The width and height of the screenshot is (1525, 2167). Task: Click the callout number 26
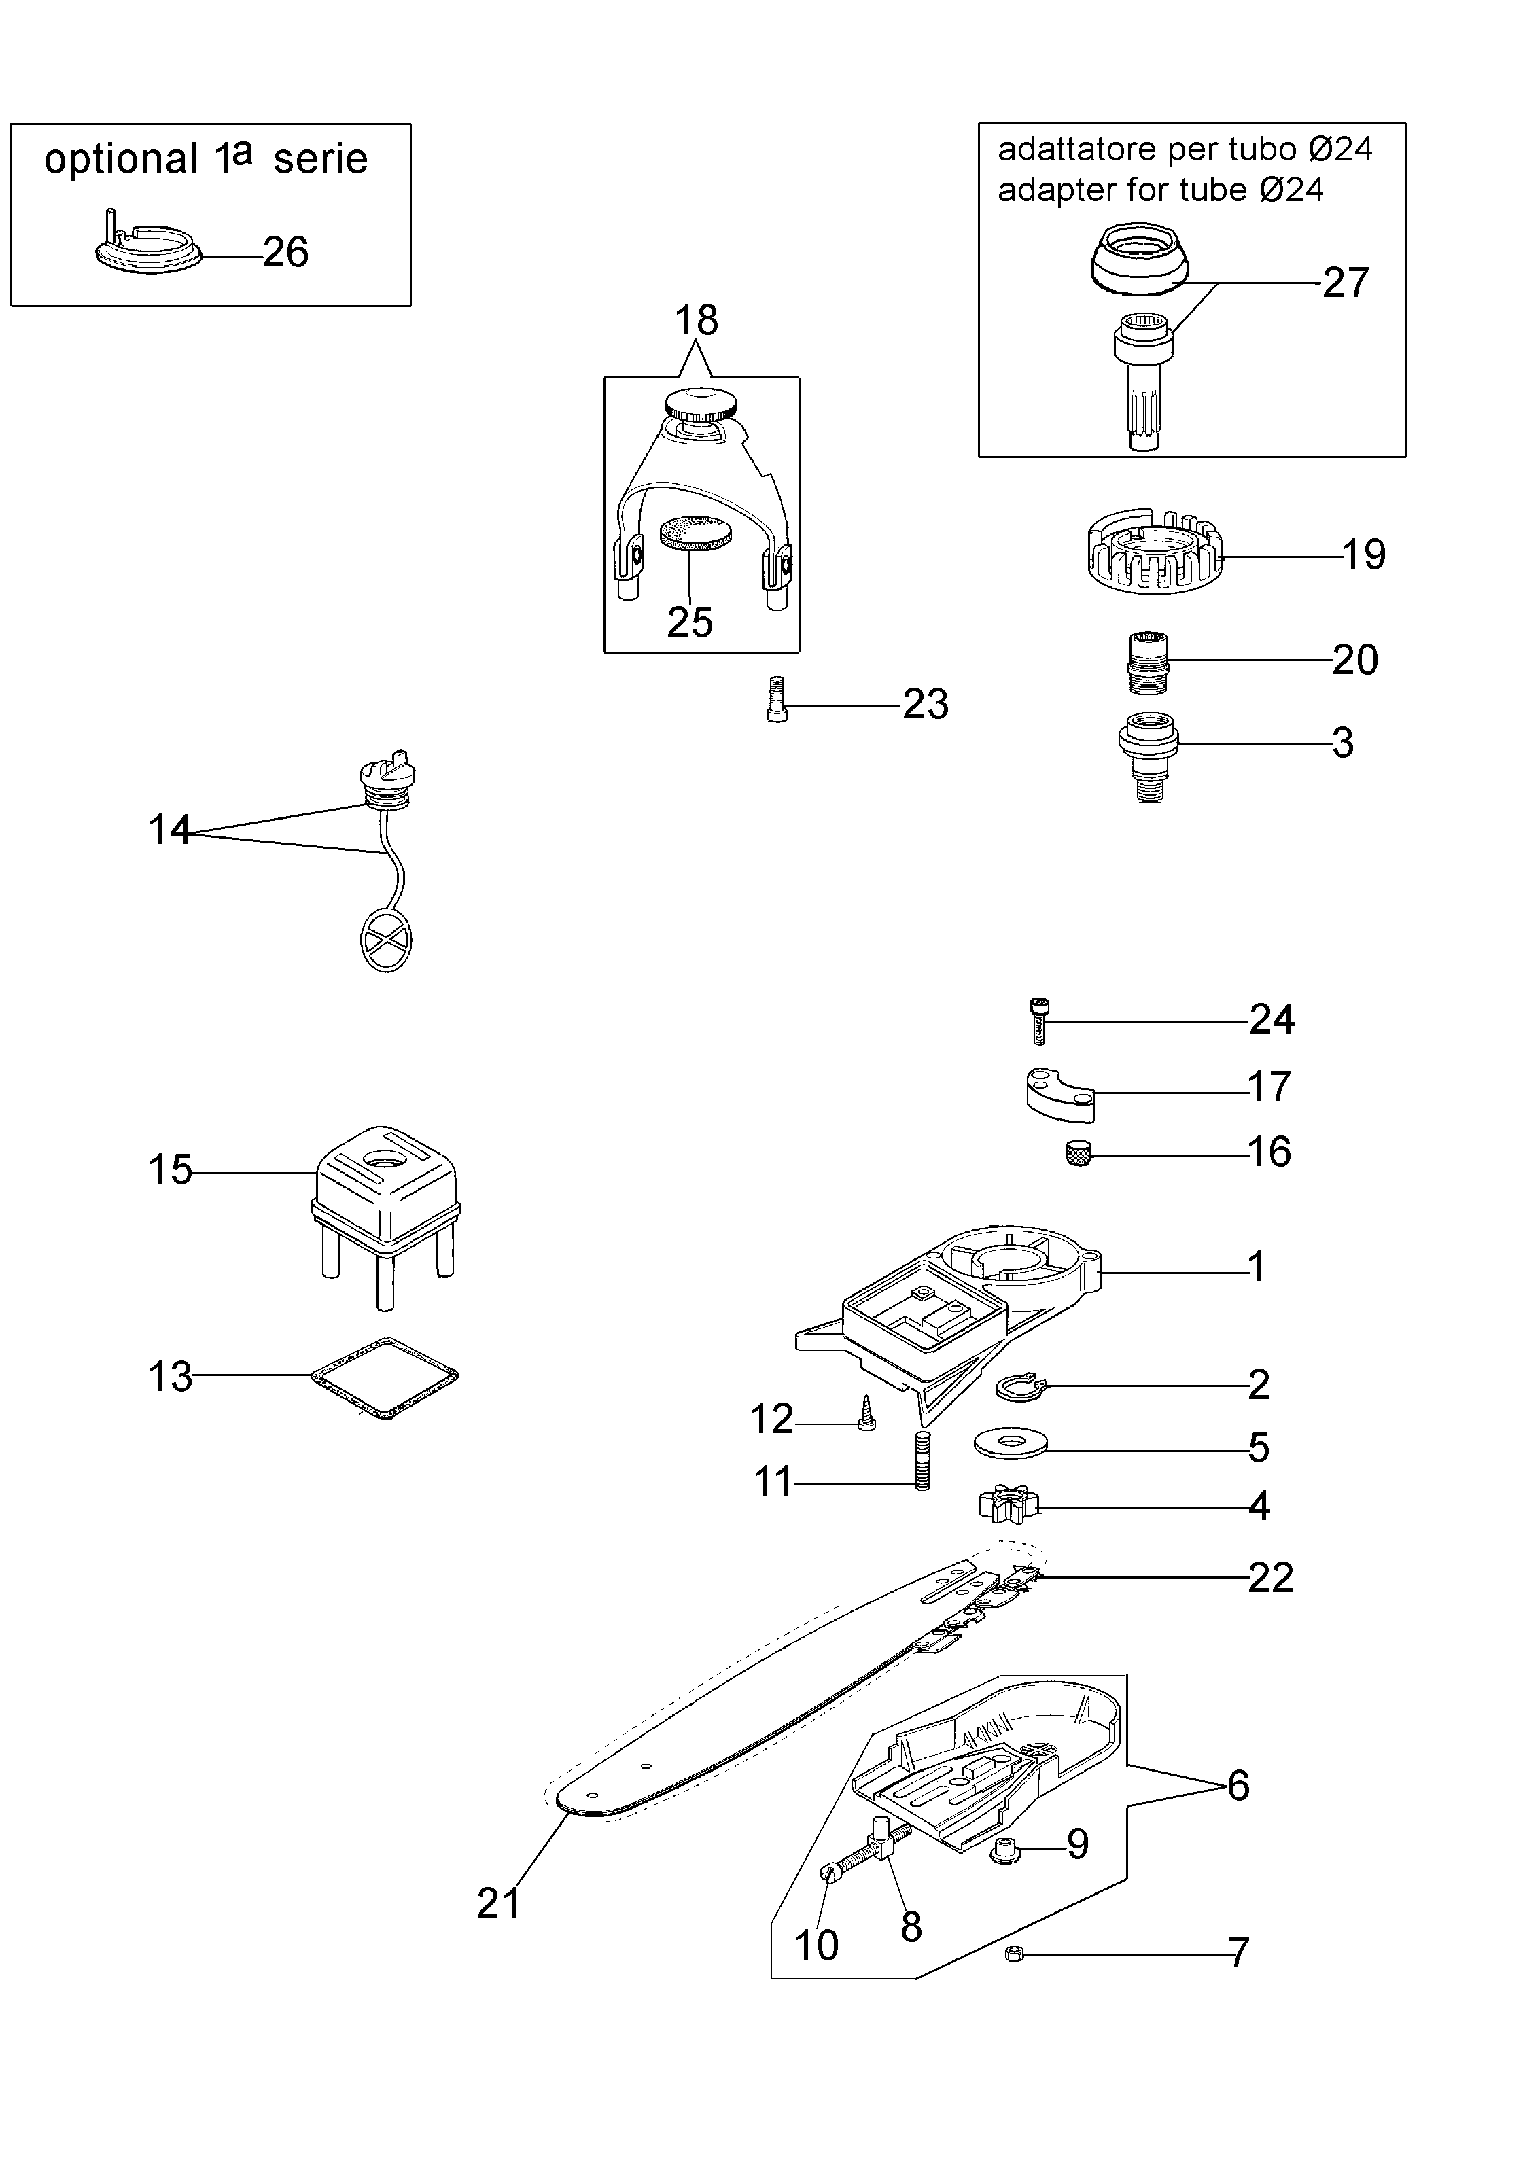coord(285,253)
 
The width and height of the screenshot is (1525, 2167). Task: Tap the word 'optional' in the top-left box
coord(121,160)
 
